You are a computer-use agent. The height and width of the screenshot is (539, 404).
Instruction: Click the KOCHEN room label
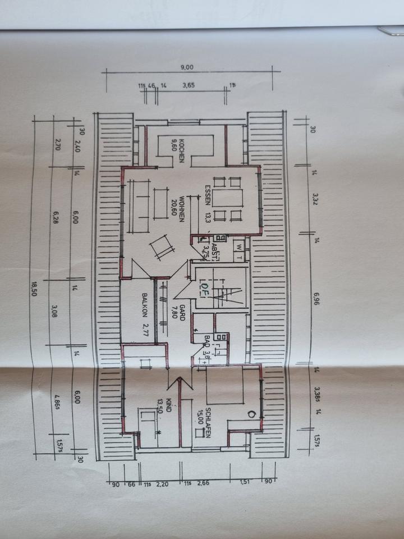[x=182, y=152]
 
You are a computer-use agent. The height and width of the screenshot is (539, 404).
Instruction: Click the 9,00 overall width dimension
[x=187, y=67]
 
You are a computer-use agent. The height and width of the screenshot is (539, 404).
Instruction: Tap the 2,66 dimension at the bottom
[x=204, y=482]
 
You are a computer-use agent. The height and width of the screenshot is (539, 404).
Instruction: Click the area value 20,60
[x=175, y=208]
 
